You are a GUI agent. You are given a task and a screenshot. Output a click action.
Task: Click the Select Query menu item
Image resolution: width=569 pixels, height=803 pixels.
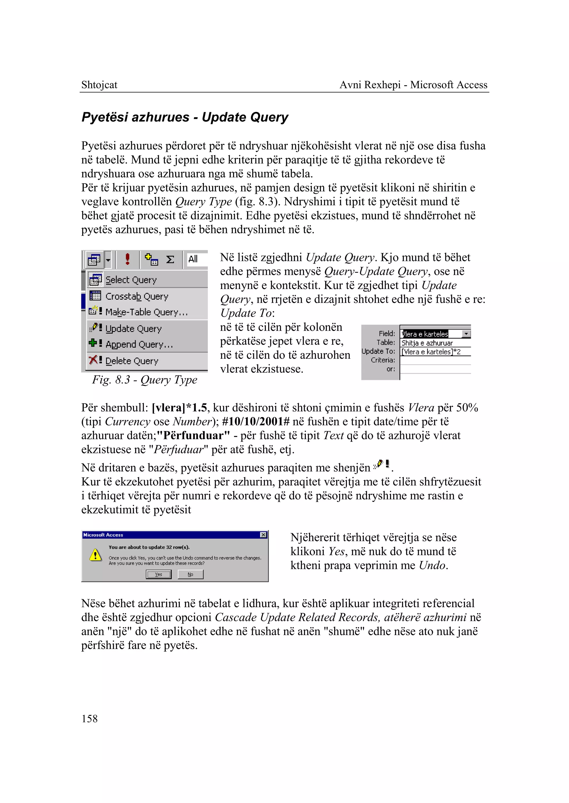coord(131,280)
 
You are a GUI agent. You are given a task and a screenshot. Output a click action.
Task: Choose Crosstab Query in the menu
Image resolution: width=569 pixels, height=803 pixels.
coord(137,296)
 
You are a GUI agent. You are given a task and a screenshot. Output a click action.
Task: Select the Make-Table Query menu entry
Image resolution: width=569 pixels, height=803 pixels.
coord(146,312)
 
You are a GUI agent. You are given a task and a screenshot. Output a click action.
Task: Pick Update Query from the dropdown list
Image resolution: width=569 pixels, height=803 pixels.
coord(133,328)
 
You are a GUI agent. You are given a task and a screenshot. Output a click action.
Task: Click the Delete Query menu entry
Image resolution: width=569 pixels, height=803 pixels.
coord(132,361)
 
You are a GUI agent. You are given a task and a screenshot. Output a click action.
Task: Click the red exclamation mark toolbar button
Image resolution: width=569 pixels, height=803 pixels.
coord(128,259)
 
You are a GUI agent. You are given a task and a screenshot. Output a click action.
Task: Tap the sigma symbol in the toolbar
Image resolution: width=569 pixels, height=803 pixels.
coord(170,260)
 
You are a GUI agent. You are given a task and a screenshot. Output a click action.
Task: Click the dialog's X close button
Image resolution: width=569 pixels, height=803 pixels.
coord(263,535)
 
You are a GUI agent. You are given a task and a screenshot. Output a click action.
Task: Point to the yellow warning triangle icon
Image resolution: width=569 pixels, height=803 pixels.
coord(95,555)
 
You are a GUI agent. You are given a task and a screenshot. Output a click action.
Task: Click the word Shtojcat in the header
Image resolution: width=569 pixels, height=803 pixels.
coord(99,85)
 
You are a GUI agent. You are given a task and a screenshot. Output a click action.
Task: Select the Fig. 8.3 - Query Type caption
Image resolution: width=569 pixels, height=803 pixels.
coord(144,380)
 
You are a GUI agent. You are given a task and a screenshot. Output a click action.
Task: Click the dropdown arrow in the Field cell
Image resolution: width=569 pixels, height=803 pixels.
coord(466,334)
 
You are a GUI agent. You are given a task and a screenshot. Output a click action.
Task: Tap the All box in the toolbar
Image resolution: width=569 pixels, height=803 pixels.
coord(193,259)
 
